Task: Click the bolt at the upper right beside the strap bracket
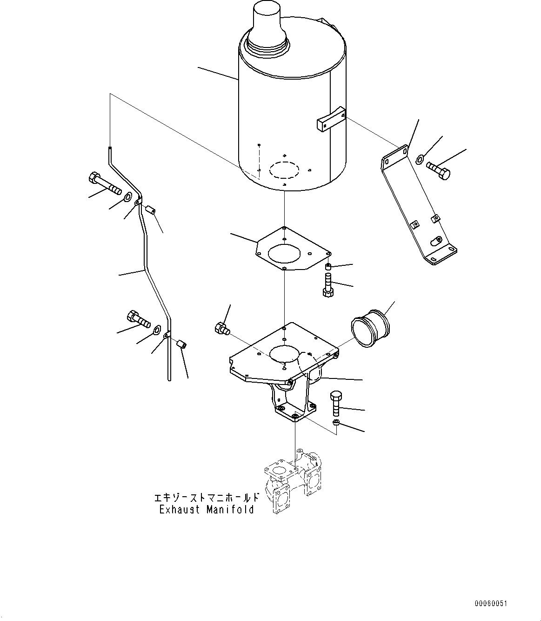(x=438, y=169)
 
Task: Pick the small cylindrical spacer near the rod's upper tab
(x=150, y=210)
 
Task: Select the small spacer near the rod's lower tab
(x=181, y=344)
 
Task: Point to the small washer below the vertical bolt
(x=336, y=423)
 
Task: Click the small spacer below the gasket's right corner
(x=328, y=267)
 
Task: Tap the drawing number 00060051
(x=491, y=603)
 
